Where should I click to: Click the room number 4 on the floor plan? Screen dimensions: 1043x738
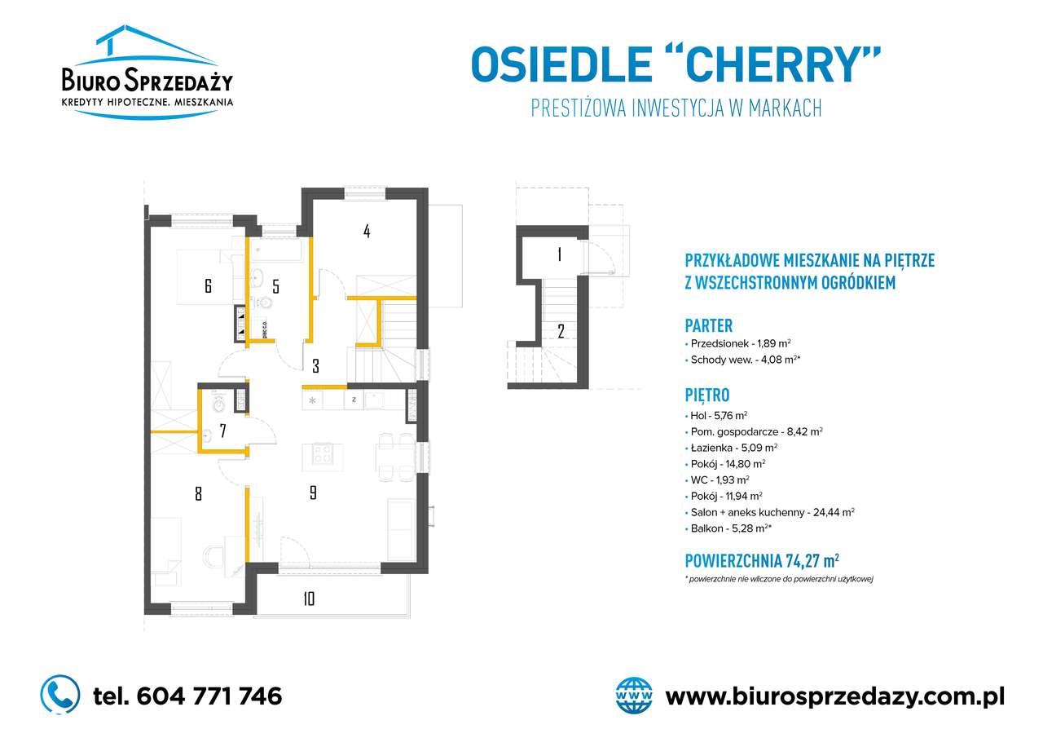[x=367, y=232]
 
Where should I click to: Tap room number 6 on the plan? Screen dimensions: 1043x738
[x=208, y=285]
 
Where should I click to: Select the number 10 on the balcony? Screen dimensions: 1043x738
[x=309, y=599]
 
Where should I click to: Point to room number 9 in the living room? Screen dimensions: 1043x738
[x=314, y=493]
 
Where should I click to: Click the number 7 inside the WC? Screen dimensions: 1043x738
[x=223, y=431]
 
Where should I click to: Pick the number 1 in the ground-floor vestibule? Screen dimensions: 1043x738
[x=559, y=254]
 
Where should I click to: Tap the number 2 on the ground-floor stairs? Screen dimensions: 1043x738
[x=561, y=331]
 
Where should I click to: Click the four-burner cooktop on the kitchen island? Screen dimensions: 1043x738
[x=322, y=453]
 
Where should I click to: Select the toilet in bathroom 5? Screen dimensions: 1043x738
[x=266, y=303]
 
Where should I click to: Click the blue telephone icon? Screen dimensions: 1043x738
[x=60, y=694]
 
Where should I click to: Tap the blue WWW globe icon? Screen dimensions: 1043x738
[x=634, y=696]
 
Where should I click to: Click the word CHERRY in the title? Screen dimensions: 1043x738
[x=772, y=64]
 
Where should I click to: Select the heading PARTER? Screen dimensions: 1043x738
[x=708, y=325]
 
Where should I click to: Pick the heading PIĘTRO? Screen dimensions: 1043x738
[x=706, y=395]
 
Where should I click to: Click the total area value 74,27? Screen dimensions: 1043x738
[x=802, y=560]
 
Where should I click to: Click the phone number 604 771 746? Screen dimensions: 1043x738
[x=209, y=696]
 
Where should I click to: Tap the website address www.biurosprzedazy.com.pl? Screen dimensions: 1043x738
[x=834, y=697]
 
